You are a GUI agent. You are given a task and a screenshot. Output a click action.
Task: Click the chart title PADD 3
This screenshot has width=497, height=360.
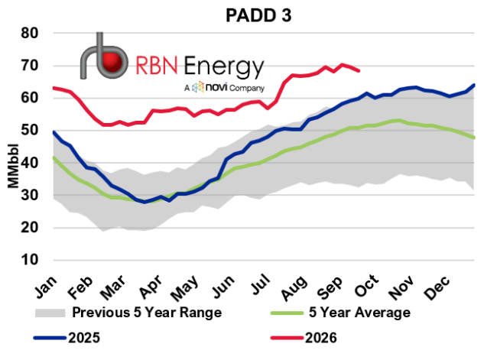pyautogui.click(x=258, y=15)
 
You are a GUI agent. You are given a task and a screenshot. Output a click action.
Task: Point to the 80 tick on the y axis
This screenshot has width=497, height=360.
pyautogui.click(x=30, y=33)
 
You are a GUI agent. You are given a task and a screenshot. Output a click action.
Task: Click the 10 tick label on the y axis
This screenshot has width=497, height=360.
pyautogui.click(x=30, y=260)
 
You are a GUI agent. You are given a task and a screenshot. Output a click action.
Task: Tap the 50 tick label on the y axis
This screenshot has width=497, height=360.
pyautogui.click(x=30, y=130)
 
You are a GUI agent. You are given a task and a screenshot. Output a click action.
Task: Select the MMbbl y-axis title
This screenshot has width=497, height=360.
pyautogui.click(x=13, y=166)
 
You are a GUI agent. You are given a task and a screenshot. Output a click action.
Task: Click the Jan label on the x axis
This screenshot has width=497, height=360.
pyautogui.click(x=47, y=287)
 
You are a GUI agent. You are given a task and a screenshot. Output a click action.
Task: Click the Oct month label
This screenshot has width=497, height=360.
pyautogui.click(x=367, y=286)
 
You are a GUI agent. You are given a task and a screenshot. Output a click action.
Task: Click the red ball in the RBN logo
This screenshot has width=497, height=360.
pyautogui.click(x=112, y=62)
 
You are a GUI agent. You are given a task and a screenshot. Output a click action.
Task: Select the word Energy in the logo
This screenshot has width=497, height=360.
pyautogui.click(x=224, y=66)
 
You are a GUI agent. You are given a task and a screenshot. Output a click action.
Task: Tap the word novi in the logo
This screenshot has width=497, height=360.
pyautogui.click(x=216, y=87)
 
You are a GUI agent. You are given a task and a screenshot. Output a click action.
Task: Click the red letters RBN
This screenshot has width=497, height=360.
pyautogui.click(x=156, y=65)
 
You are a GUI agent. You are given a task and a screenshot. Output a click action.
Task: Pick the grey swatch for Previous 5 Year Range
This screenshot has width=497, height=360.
pyautogui.click(x=50, y=313)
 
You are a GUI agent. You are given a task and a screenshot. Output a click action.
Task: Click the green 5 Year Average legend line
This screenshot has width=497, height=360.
pyautogui.click(x=287, y=313)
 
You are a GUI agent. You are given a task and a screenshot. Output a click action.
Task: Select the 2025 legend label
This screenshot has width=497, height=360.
pyautogui.click(x=84, y=338)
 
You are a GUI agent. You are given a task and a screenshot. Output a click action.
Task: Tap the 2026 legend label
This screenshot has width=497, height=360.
pyautogui.click(x=321, y=338)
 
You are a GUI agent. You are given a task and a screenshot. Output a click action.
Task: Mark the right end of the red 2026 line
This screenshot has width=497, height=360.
pyautogui.click(x=359, y=71)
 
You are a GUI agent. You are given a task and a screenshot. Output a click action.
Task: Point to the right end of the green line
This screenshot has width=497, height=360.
pyautogui.click(x=474, y=138)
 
